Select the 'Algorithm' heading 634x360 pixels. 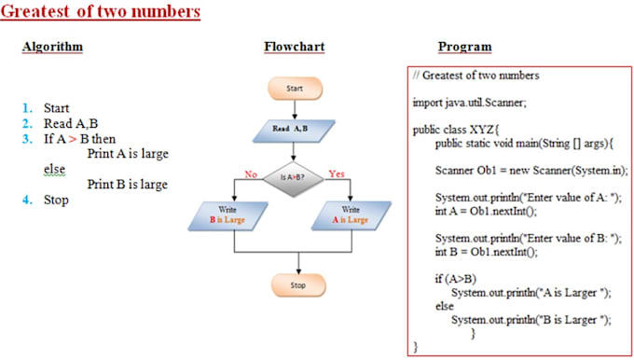click(52, 47)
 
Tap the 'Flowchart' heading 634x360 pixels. click(294, 47)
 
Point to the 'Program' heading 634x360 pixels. click(464, 47)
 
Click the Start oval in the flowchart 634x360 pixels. click(294, 89)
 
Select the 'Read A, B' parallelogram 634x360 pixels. click(294, 129)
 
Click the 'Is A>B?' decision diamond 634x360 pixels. click(294, 174)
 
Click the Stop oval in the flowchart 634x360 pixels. click(297, 284)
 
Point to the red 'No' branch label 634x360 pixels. click(251, 173)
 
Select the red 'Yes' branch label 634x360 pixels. click(337, 173)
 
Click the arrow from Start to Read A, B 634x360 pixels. click(294, 108)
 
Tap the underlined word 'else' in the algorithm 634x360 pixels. click(55, 169)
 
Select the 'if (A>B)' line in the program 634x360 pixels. click(455, 278)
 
